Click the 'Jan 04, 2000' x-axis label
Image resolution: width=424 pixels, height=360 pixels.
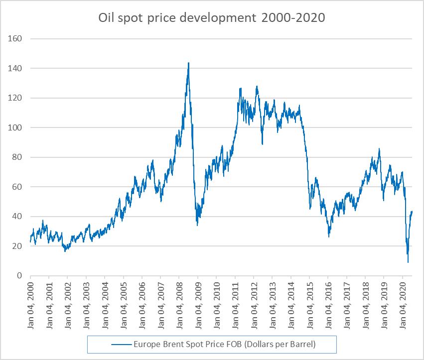[30, 304]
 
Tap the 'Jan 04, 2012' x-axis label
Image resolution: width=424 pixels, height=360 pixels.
[254, 304]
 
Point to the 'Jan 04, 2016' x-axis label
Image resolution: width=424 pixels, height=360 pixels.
[328, 304]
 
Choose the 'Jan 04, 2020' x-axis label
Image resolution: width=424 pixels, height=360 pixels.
[403, 304]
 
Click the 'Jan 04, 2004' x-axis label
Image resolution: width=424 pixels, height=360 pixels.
[105, 304]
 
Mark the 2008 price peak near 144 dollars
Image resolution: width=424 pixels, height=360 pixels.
[188, 63]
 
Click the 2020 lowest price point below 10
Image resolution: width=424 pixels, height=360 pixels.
[408, 262]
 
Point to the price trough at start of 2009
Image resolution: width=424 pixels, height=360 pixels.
[197, 225]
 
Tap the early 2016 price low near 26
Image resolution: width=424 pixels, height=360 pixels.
[329, 237]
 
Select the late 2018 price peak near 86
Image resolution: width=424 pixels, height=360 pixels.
[379, 148]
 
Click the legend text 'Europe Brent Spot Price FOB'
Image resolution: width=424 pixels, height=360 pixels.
[224, 344]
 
